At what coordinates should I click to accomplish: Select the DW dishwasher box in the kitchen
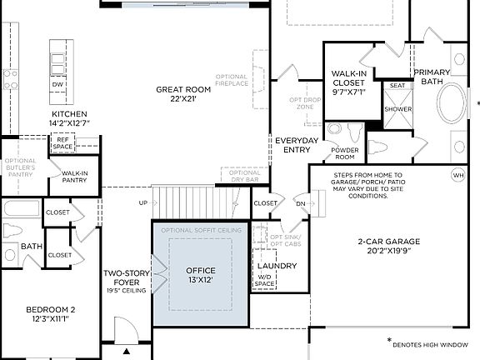point(57,85)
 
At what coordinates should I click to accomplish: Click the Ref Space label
point(63,143)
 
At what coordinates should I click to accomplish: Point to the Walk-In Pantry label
point(75,177)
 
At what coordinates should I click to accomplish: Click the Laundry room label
point(282,266)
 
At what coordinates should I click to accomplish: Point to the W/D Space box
point(265,281)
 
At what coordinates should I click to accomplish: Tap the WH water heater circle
point(457,176)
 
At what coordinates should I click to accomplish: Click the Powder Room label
point(344,153)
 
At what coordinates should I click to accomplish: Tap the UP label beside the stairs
point(142,203)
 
